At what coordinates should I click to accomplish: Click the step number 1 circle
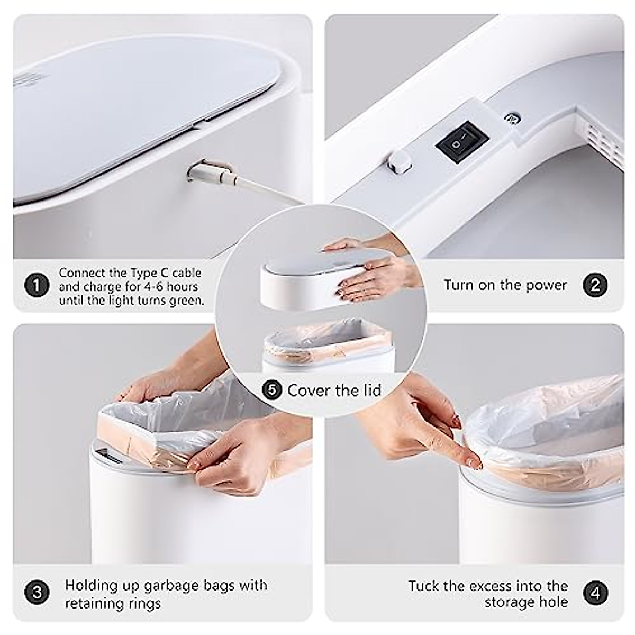point(37,286)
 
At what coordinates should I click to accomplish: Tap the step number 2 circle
point(595,285)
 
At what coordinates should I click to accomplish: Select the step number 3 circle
point(37,592)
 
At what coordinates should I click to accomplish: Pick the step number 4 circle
point(595,593)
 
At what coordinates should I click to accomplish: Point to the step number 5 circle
point(272,391)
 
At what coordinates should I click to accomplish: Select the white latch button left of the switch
point(400,161)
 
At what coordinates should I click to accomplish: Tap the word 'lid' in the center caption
point(372,391)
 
